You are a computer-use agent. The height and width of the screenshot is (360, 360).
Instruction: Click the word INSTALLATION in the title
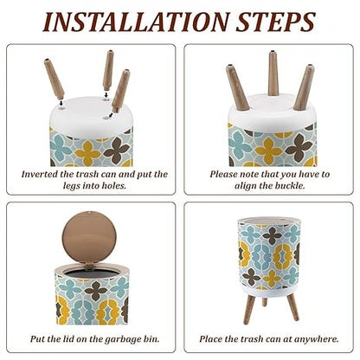(136, 22)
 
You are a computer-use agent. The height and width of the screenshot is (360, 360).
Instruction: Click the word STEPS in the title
(275, 22)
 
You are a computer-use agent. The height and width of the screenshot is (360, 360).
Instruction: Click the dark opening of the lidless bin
(91, 273)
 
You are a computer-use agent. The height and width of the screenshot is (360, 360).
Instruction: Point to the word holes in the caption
(114, 185)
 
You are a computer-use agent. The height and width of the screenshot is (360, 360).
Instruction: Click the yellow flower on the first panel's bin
(87, 153)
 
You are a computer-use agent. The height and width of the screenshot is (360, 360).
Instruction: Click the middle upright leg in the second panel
(273, 74)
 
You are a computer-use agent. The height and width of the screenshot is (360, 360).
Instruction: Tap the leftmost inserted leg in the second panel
(237, 88)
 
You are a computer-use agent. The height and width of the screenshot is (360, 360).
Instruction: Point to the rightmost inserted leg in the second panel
(304, 87)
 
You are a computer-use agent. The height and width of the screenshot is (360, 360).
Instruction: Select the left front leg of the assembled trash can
(249, 309)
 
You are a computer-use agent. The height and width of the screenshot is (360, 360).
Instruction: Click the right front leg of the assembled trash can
(293, 307)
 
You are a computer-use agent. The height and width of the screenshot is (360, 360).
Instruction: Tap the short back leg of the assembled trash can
(265, 301)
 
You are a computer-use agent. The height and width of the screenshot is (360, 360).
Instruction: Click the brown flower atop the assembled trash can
(272, 235)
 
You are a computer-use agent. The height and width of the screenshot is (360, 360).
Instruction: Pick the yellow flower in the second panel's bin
(268, 151)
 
